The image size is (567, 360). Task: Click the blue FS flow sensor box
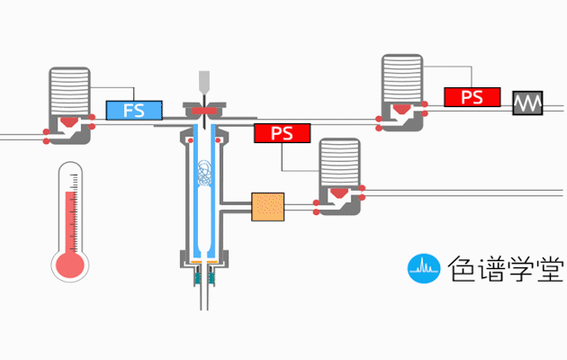point(134,111)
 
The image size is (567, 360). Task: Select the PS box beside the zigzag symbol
point(472,96)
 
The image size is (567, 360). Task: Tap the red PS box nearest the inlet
point(282,134)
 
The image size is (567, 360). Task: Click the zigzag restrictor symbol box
point(529,103)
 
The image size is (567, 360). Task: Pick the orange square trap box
point(267,207)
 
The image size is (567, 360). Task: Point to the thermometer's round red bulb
point(69,265)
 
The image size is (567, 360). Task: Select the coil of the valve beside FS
point(69,90)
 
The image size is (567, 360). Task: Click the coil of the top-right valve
point(401,79)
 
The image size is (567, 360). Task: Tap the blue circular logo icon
point(422,266)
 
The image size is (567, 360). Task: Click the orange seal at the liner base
point(205,263)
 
